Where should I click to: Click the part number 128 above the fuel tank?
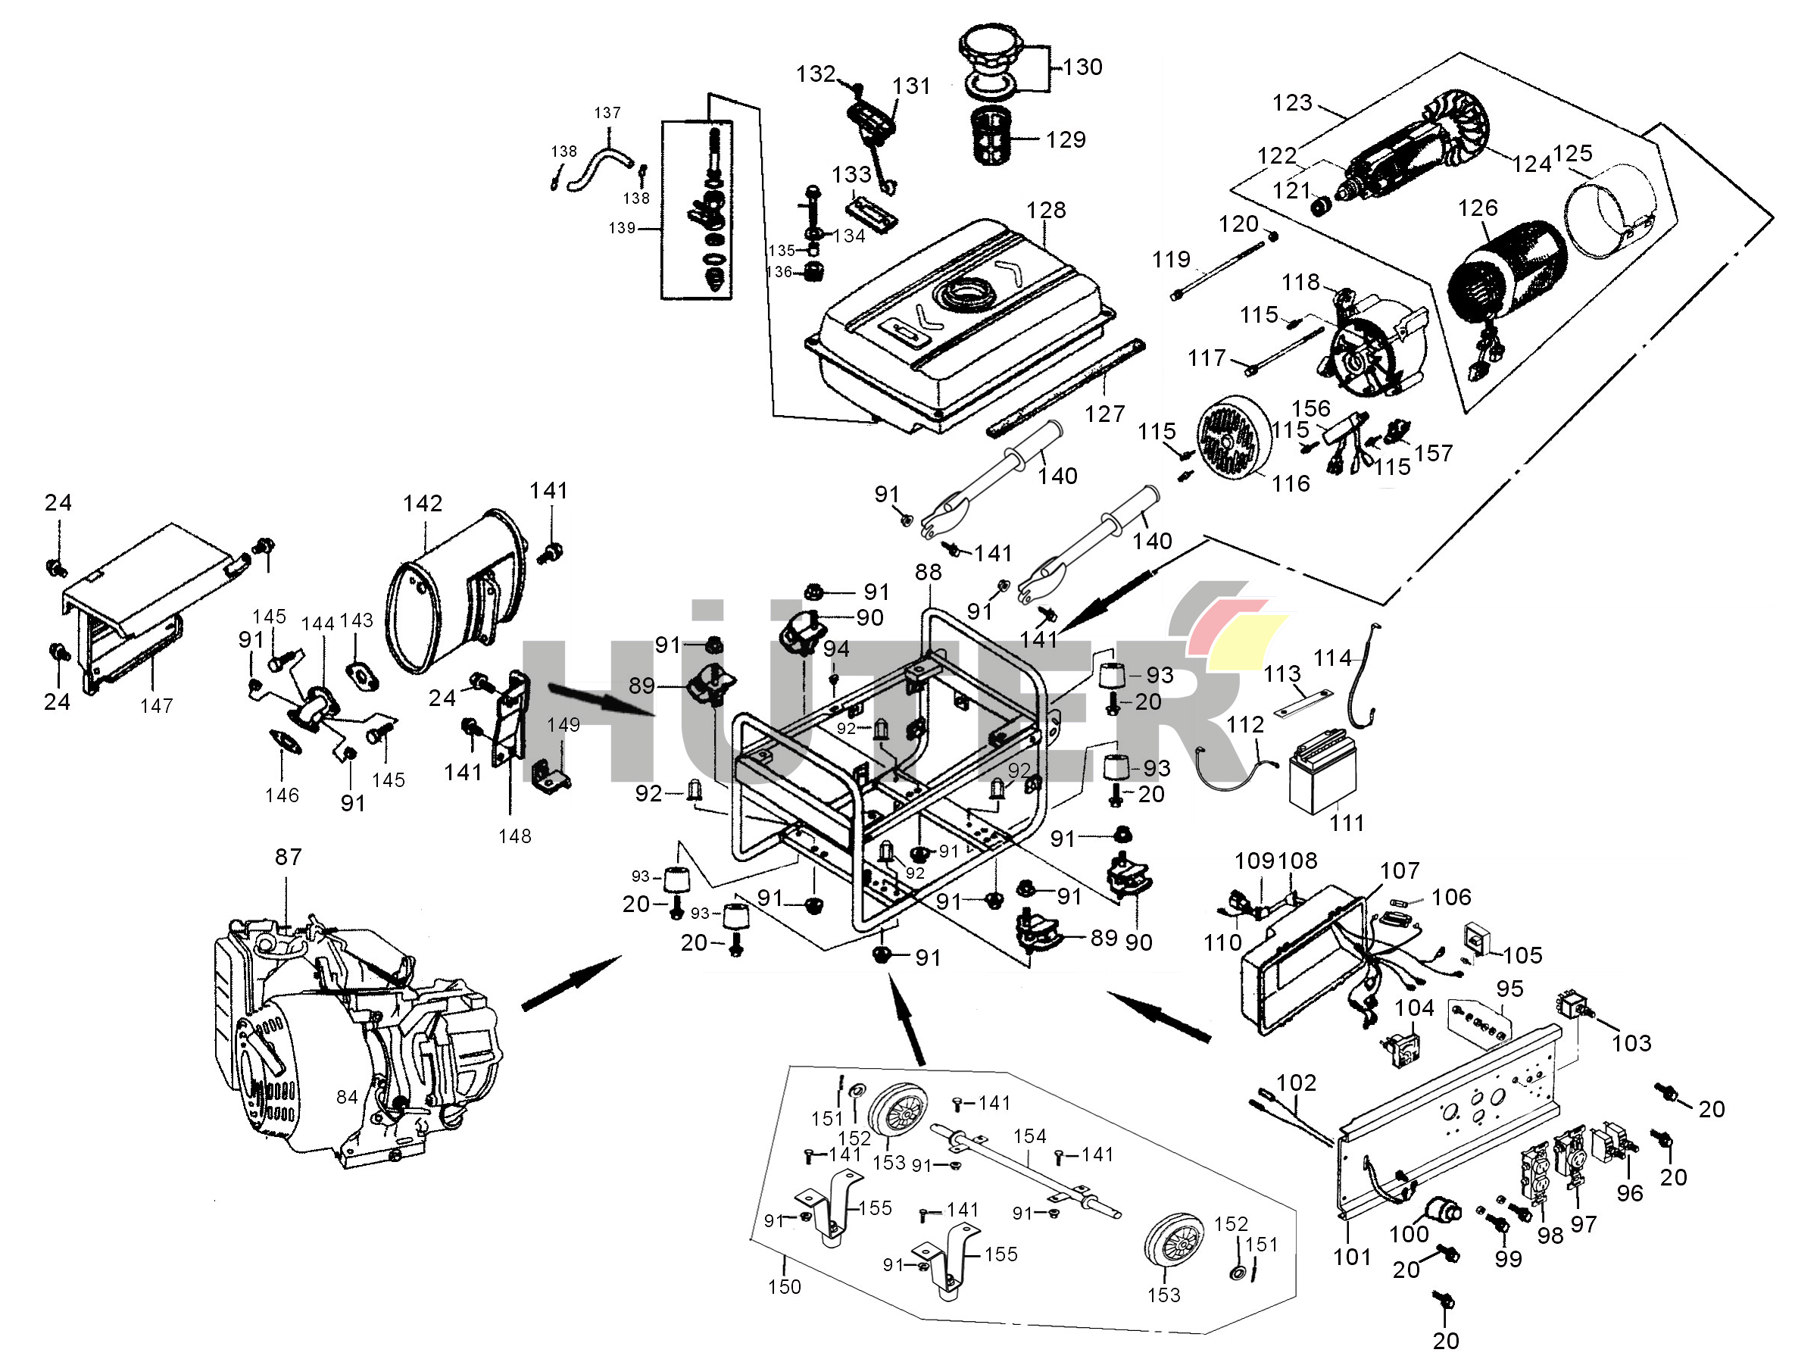[x=1045, y=211]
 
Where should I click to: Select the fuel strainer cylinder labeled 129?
[x=993, y=136]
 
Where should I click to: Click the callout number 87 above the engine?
[x=288, y=857]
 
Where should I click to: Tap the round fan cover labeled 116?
[x=1232, y=440]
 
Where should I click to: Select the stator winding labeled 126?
[x=1506, y=272]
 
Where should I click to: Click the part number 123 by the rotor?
[x=1292, y=103]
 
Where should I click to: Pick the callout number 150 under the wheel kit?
[x=784, y=1287]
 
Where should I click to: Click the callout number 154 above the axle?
[x=1029, y=1136]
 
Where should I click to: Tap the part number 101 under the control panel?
[x=1352, y=1257]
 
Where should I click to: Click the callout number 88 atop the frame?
[x=928, y=572]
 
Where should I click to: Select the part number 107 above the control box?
[x=1400, y=870]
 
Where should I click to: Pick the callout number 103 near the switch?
[x=1631, y=1044]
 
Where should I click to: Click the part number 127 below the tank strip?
[x=1104, y=414]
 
